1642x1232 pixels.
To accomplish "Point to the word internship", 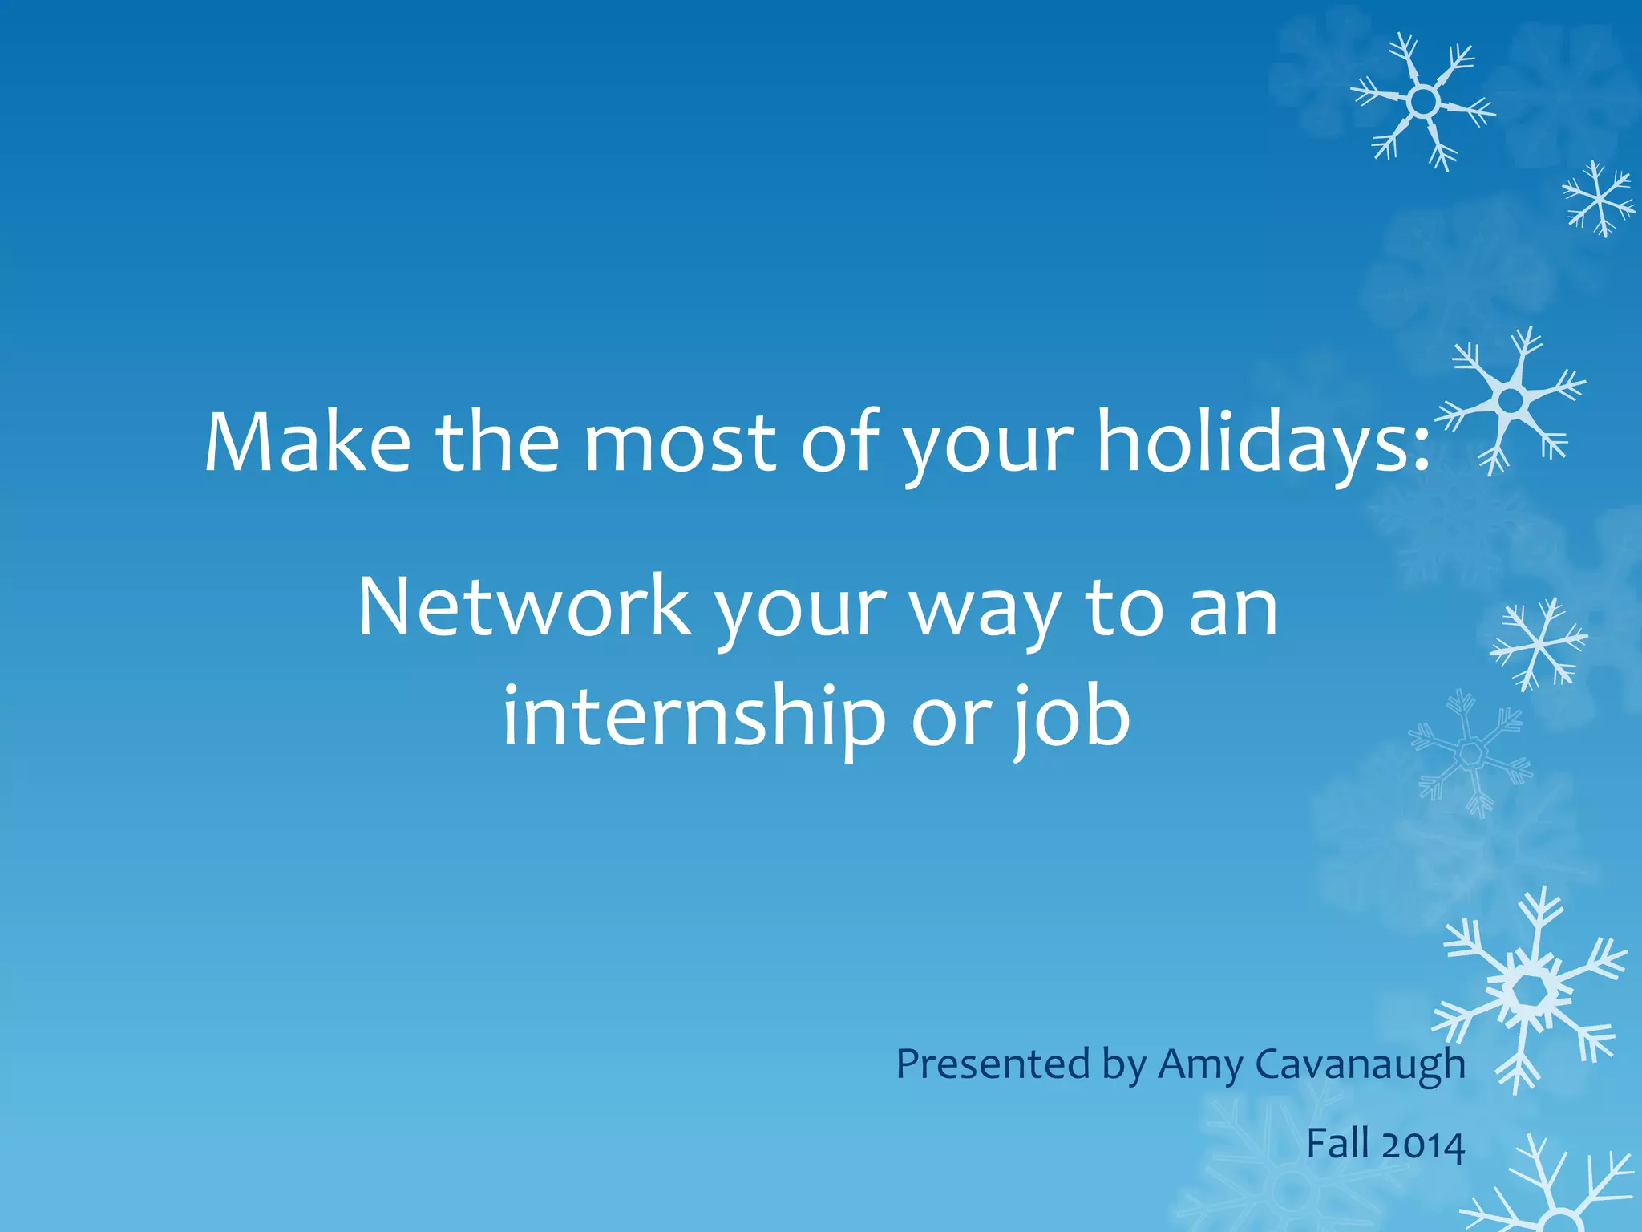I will (x=694, y=716).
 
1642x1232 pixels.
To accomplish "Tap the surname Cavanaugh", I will (x=1360, y=1065).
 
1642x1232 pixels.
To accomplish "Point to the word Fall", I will (x=1337, y=1143).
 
